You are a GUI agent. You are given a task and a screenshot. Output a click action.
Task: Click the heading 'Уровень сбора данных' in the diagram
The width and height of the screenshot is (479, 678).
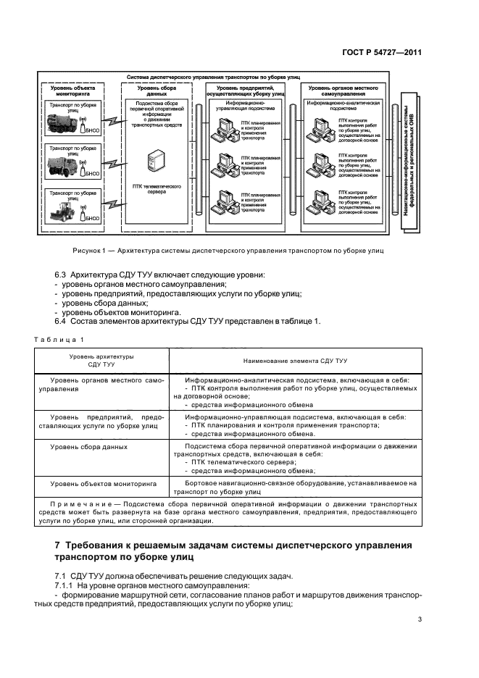[154, 91]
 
